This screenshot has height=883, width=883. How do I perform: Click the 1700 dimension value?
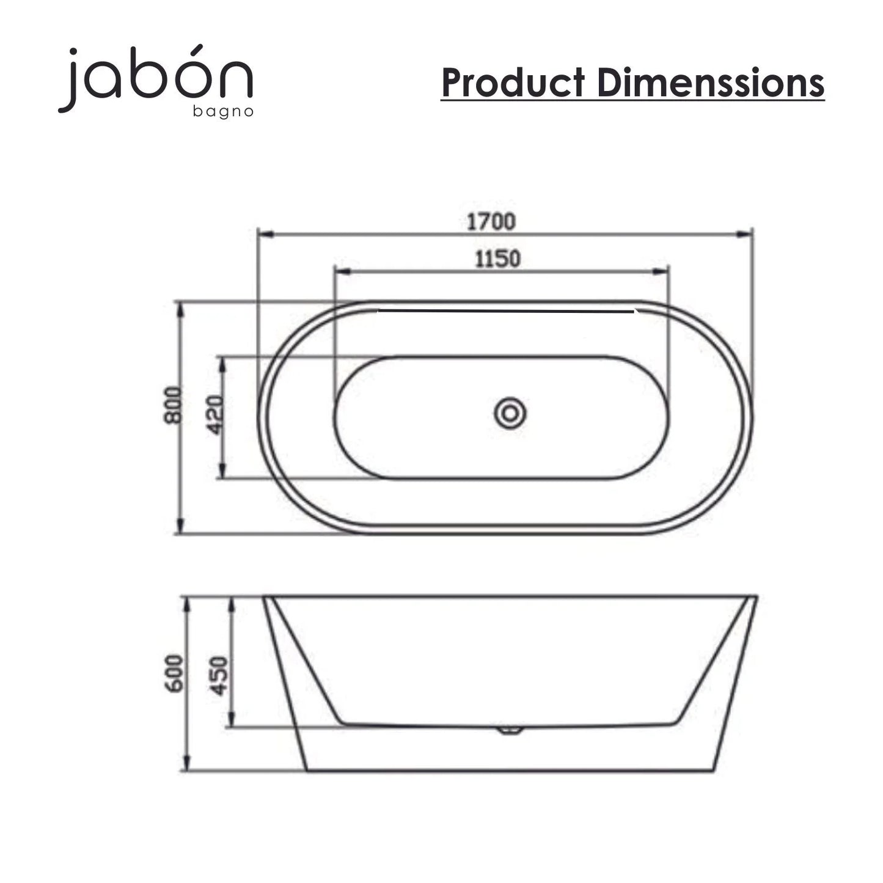tap(491, 222)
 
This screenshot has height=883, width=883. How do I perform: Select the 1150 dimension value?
tap(497, 259)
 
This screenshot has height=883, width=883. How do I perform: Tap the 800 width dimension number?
tap(174, 405)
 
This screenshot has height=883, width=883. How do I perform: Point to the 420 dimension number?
tap(215, 415)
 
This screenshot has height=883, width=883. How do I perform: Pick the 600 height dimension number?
tap(174, 673)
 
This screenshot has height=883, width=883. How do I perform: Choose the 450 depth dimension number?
tap(219, 676)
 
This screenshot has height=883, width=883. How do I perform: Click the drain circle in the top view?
tap(510, 413)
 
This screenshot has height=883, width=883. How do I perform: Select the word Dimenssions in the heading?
tap(711, 82)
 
